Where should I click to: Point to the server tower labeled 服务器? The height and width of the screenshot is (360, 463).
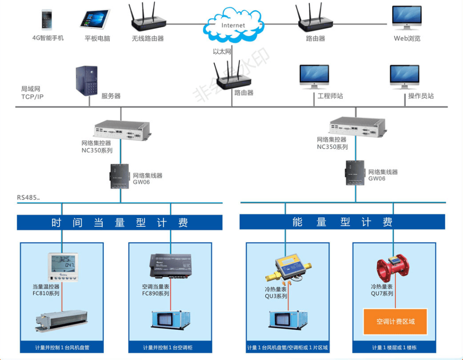pos(86,81)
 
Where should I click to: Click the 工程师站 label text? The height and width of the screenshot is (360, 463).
pos(330,96)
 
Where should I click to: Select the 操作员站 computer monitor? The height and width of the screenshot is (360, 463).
pos(404,76)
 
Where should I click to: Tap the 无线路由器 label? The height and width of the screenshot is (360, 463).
pos(148,38)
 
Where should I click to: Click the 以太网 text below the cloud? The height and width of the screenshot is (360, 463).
pos(222,52)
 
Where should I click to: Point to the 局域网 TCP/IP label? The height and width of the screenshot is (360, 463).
pos(32,92)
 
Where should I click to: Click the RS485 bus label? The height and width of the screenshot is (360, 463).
pos(28,198)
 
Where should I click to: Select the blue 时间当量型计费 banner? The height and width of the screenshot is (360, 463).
pos(120,222)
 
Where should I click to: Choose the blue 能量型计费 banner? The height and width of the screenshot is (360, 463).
pos(342,222)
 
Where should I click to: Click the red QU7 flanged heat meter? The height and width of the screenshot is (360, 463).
pos(394,267)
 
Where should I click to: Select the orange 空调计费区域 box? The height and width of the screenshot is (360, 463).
pos(395,322)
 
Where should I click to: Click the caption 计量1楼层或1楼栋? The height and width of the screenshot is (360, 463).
pos(395,348)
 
